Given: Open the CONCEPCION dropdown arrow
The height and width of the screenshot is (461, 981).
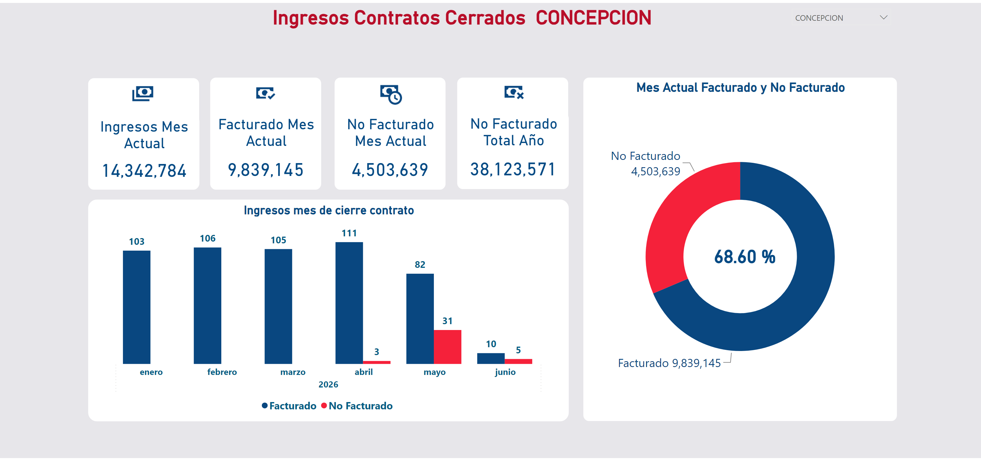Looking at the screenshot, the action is tap(883, 18).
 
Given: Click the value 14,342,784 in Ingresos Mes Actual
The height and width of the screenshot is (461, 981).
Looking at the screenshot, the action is tap(144, 171).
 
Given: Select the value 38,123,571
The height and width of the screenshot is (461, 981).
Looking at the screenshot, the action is tap(513, 170).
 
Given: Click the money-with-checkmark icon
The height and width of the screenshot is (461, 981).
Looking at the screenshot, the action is tap(265, 93).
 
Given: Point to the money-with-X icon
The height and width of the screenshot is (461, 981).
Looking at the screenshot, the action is tap(514, 92).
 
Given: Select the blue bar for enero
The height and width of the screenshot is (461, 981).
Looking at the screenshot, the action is tap(137, 307).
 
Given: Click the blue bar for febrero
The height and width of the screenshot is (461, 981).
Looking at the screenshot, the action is tap(208, 305).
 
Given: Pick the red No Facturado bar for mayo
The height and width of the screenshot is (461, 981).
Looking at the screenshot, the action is tap(448, 347).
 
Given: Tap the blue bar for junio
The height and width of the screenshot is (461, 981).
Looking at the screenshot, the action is tap(491, 358).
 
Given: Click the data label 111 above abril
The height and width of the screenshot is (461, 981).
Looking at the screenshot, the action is tap(349, 233).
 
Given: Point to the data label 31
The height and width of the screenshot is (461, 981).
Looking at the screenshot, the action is tap(448, 321).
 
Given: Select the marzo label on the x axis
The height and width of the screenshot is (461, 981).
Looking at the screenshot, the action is tap(293, 372).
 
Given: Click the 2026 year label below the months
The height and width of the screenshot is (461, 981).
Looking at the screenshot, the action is tap(328, 385).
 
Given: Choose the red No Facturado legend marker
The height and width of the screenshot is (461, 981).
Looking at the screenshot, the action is tap(324, 406).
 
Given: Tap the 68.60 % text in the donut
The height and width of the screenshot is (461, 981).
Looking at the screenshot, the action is tap(745, 256).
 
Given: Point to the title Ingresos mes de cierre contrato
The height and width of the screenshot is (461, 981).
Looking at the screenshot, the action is tap(329, 210).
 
